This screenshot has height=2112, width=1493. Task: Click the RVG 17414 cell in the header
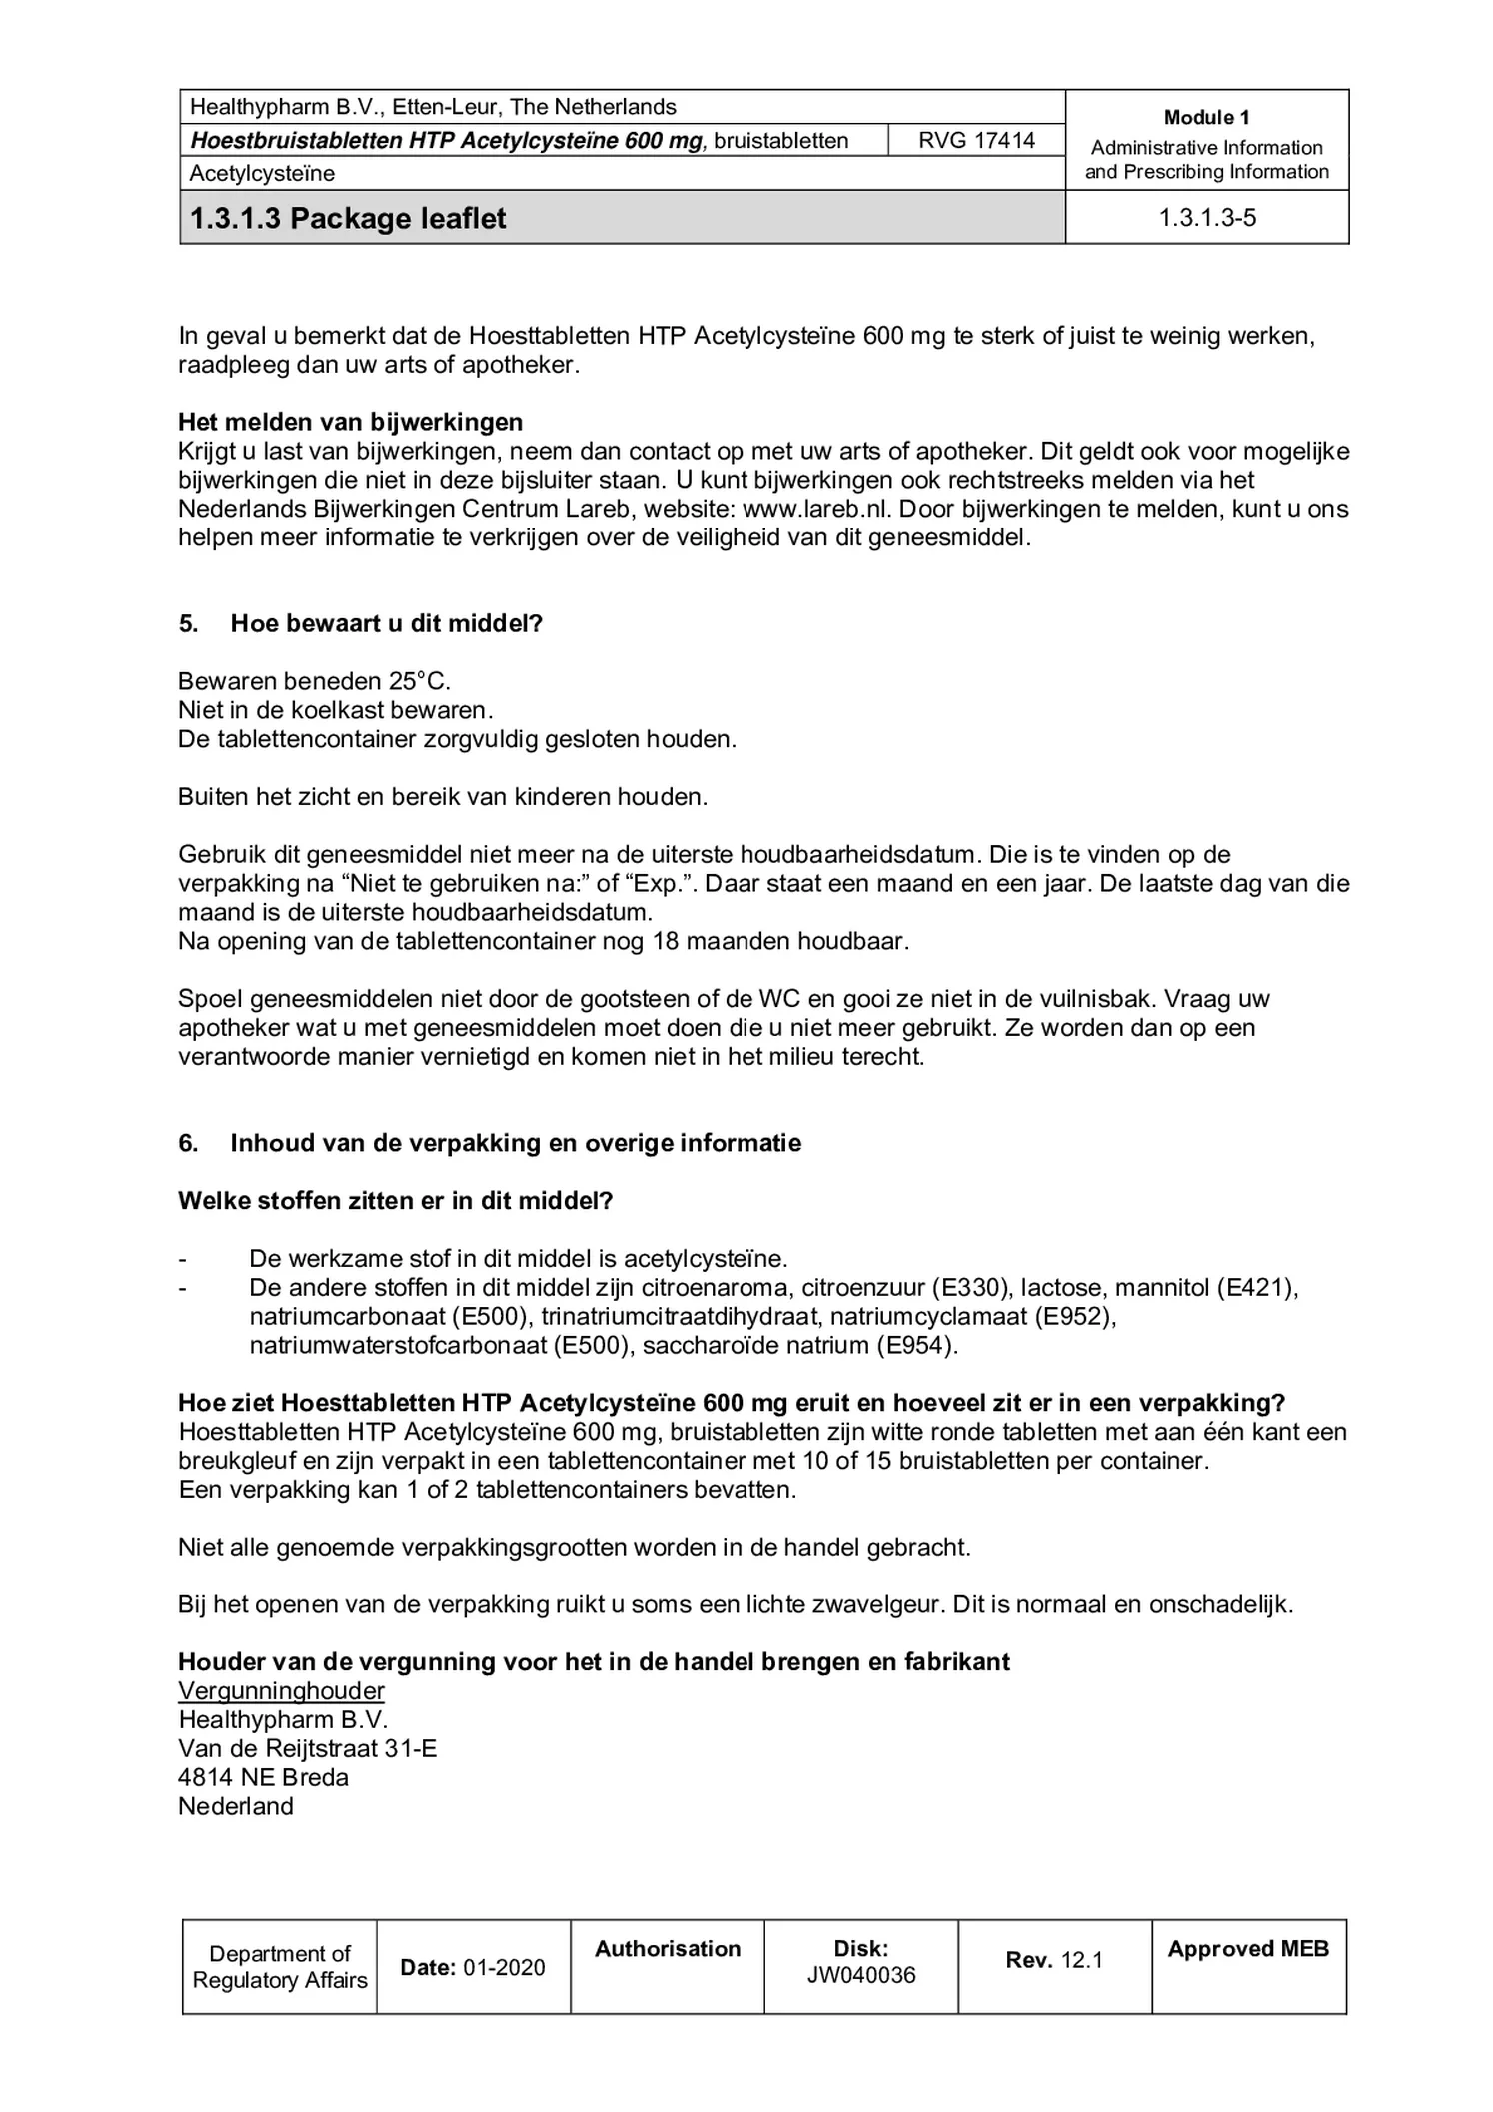pos(976,140)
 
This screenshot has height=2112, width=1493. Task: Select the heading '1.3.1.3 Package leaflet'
pos(348,218)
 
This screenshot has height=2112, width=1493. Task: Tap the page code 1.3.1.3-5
pos(1206,218)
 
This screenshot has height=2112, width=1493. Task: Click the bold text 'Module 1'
pos(1206,117)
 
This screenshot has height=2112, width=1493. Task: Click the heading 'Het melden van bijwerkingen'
pos(350,422)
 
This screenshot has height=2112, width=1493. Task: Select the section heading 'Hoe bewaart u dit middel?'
pos(386,624)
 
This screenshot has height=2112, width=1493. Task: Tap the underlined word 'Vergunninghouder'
pos(281,1691)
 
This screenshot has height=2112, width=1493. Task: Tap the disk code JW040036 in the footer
pos(860,1976)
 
